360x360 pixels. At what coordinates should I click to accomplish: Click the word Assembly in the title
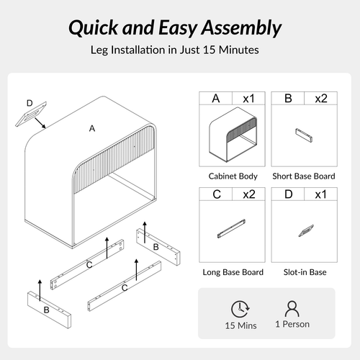[241, 28]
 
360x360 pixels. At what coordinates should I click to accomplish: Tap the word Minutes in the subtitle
[239, 50]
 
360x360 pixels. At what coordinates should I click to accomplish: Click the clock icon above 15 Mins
[240, 309]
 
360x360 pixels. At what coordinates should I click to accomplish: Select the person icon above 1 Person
[292, 308]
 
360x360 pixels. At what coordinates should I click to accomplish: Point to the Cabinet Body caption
[233, 176]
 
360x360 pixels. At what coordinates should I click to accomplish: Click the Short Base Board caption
[304, 176]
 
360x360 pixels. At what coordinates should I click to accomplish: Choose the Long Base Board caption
[233, 272]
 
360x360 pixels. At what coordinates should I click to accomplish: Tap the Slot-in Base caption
[305, 272]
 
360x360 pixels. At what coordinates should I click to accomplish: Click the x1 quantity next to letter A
[248, 99]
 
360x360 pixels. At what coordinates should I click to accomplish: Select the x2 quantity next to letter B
[321, 99]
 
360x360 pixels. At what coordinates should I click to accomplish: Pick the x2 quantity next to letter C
[249, 194]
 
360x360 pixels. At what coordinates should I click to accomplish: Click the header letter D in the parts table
[288, 194]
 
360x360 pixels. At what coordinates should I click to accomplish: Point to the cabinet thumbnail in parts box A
[233, 135]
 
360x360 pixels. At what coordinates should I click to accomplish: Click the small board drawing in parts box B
[304, 135]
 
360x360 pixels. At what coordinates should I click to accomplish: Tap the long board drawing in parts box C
[231, 228]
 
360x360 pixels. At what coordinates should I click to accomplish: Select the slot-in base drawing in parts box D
[306, 230]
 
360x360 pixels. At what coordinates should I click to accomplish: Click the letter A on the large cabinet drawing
[92, 129]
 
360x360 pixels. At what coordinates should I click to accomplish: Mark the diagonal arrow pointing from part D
[40, 123]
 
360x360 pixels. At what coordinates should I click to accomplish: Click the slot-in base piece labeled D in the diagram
[31, 114]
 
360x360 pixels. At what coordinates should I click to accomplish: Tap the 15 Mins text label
[240, 325]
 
